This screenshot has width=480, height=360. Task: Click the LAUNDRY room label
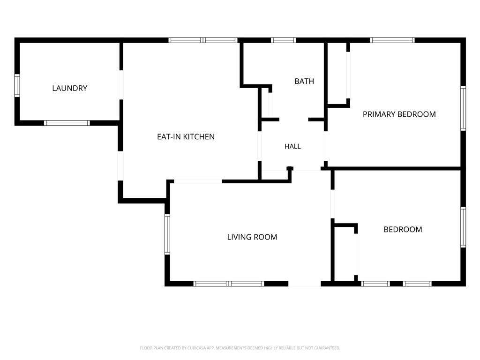(70, 88)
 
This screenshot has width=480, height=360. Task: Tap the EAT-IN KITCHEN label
(186, 136)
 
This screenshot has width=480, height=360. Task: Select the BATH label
(304, 81)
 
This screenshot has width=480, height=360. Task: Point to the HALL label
(292, 146)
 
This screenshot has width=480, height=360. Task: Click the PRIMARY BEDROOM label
(399, 114)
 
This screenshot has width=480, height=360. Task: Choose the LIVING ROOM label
(252, 237)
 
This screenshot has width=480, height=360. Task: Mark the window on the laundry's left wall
(17, 86)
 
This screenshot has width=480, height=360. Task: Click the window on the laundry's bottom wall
(67, 123)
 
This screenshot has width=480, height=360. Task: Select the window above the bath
(284, 40)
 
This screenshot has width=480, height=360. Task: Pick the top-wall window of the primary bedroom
(392, 40)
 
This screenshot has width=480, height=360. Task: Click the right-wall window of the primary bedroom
(463, 108)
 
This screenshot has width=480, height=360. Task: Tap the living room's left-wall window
(167, 234)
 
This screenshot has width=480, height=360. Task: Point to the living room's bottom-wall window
(229, 284)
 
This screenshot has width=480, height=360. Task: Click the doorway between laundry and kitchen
(121, 85)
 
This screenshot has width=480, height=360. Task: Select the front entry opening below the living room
(305, 284)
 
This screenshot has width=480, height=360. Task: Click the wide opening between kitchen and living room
(198, 181)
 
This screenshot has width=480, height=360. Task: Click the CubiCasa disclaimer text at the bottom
(240, 348)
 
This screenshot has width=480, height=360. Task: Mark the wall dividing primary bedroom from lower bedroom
(393, 168)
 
